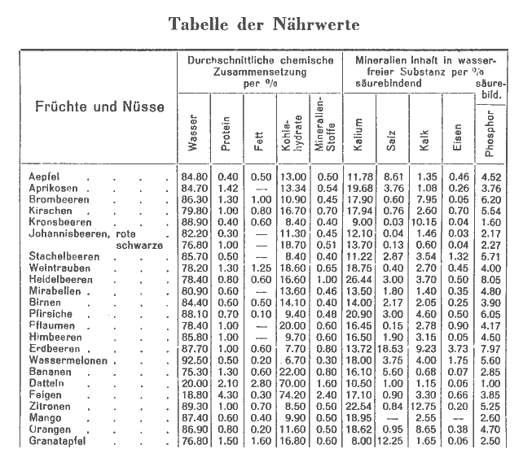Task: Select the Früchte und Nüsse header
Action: (x=99, y=107)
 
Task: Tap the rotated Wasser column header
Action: (x=193, y=136)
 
